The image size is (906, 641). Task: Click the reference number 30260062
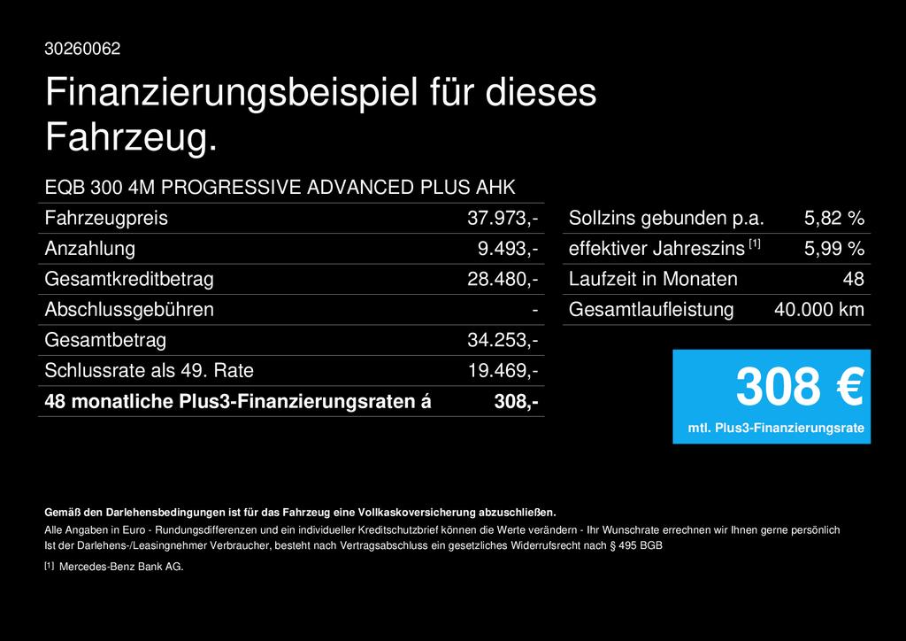coord(82,49)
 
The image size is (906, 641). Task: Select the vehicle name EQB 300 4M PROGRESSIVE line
coord(280,187)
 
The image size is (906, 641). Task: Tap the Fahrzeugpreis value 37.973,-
coord(503,218)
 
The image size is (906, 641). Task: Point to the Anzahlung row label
coord(90,249)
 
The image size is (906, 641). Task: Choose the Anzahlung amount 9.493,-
coord(508,249)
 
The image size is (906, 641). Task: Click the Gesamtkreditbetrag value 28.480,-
coord(503,279)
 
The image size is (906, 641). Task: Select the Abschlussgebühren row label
coord(129,310)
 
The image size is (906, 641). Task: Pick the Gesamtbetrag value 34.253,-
coord(503,340)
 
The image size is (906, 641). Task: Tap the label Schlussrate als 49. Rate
coord(149,371)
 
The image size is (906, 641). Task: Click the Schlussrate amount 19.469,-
coord(503,371)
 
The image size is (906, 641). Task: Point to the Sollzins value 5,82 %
coord(833,218)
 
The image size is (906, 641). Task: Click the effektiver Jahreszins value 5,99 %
coord(833,249)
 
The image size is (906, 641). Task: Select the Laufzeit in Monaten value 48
coord(853,279)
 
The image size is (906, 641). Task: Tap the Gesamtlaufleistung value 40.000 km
coord(818,310)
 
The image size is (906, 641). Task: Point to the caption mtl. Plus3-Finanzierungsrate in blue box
coord(775,429)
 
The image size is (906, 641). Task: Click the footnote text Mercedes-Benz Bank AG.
coord(121,567)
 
